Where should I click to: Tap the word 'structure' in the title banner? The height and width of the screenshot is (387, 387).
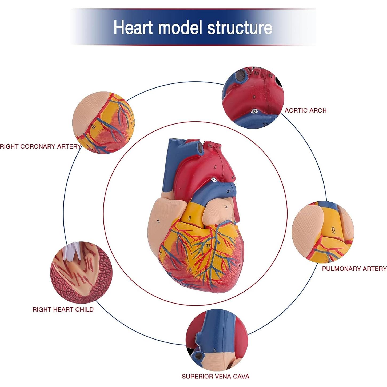(x=240, y=27)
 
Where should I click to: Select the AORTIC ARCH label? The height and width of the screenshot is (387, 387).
(x=305, y=110)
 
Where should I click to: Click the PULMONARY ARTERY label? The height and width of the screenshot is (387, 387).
(x=354, y=269)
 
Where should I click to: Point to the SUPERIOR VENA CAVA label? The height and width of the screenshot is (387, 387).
(x=215, y=376)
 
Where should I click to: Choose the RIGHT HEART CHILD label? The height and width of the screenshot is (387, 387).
(x=63, y=309)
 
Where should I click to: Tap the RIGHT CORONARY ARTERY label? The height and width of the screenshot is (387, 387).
(x=40, y=146)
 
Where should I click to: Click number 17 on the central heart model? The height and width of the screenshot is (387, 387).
(x=208, y=246)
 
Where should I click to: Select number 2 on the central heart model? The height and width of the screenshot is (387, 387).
(x=158, y=221)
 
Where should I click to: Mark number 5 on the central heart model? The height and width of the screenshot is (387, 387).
(x=190, y=269)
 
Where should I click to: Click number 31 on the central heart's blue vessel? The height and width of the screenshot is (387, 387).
(x=229, y=191)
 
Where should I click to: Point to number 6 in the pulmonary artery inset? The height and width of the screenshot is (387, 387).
(x=333, y=230)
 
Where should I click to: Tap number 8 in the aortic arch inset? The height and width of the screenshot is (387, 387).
(x=254, y=97)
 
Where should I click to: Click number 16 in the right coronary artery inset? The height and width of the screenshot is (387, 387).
(x=93, y=127)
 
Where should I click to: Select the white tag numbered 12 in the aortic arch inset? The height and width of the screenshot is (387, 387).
(x=255, y=111)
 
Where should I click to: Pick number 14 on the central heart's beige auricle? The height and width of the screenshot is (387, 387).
(x=226, y=207)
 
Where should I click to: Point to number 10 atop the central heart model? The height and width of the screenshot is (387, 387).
(x=210, y=146)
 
